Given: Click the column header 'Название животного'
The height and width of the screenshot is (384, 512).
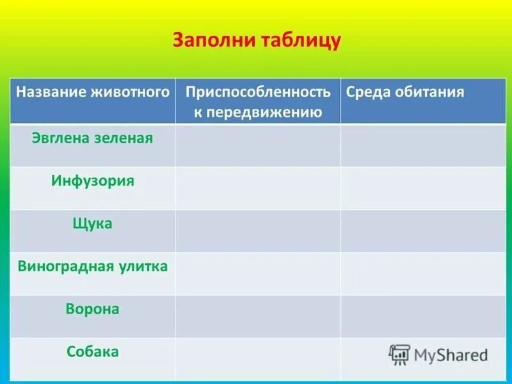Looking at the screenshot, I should click(x=93, y=92).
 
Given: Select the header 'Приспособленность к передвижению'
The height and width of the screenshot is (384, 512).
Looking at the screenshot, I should click(x=258, y=102).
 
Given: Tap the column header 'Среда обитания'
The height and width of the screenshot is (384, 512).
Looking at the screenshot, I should click(x=404, y=92).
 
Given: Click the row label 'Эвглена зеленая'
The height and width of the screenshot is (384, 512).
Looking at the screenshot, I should click(x=93, y=138).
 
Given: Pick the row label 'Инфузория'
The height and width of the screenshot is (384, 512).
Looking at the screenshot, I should click(x=93, y=180).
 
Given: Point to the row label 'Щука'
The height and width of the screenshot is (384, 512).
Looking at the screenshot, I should click(x=93, y=223).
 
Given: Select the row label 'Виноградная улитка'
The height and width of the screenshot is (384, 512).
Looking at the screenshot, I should click(x=93, y=266).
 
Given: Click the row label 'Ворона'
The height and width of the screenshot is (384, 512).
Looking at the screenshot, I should click(x=93, y=309).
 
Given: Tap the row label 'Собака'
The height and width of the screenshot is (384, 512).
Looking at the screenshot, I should click(x=93, y=351).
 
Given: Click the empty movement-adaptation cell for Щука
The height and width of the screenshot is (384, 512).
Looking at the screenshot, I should click(x=258, y=231).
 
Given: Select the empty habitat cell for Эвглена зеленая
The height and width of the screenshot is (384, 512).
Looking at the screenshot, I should click(x=423, y=146).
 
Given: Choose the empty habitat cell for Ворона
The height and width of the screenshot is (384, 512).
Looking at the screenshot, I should click(x=423, y=317).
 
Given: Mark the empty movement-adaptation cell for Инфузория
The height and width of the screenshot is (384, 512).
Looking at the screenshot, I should click(x=258, y=188).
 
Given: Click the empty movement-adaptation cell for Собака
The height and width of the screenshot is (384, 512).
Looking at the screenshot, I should click(x=258, y=360).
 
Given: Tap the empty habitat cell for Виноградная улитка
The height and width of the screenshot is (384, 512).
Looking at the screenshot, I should click(x=423, y=274).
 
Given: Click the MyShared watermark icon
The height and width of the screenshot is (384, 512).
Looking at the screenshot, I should click(x=399, y=355).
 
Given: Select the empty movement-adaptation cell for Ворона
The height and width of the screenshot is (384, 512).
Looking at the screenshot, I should click(x=258, y=317).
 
